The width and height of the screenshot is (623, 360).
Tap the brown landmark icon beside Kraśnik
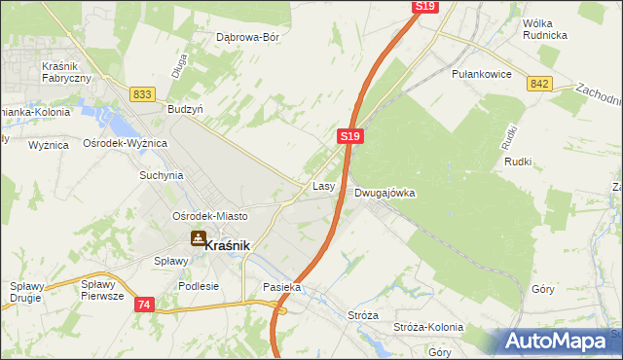[198, 237]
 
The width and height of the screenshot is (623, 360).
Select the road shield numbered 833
[142, 93]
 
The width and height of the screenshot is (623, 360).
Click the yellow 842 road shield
[541, 84]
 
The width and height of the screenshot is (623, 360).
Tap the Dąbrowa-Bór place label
[247, 38]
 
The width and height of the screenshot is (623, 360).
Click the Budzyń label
[185, 110]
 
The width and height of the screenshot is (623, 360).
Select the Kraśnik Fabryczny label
[66, 71]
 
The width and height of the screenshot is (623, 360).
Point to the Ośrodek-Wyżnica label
[126, 143]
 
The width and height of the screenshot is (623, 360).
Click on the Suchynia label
[162, 176]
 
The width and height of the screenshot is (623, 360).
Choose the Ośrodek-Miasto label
[209, 215]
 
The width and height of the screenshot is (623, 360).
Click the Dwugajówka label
[385, 193]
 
